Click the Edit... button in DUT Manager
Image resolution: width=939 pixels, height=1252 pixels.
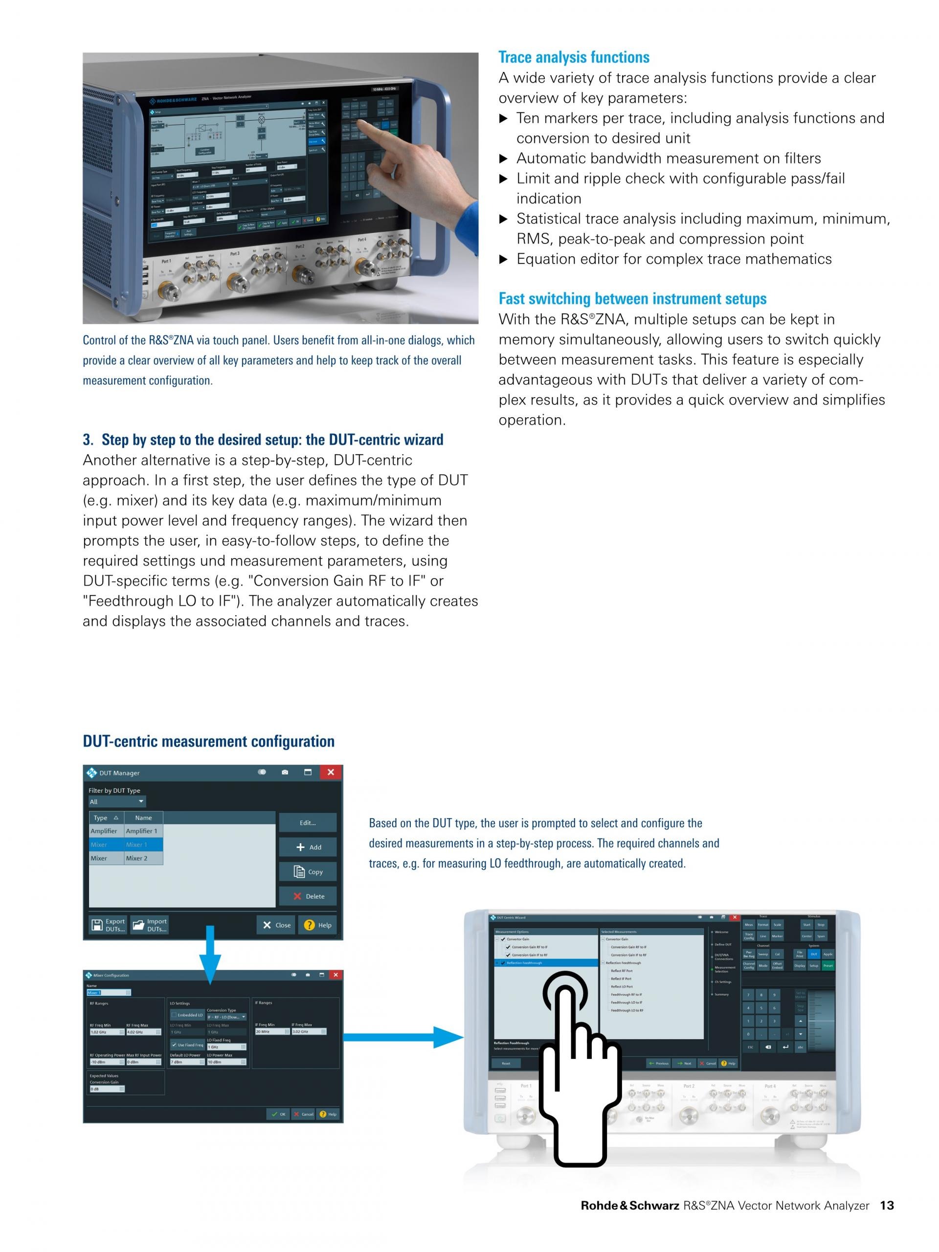[x=307, y=823]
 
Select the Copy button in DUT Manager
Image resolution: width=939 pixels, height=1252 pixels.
[x=307, y=872]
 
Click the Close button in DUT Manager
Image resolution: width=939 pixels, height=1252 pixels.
[x=276, y=925]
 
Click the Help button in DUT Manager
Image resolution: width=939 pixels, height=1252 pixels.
[x=317, y=925]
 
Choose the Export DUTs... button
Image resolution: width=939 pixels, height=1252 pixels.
[x=108, y=925]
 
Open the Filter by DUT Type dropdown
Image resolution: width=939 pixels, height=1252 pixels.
[x=116, y=802]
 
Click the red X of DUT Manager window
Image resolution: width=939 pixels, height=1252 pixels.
[x=331, y=772]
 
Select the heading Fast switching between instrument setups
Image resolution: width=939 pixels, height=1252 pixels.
[x=632, y=298]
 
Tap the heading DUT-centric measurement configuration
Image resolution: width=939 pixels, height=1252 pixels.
[x=208, y=741]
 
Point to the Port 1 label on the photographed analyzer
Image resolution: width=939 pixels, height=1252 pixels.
[x=166, y=262]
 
